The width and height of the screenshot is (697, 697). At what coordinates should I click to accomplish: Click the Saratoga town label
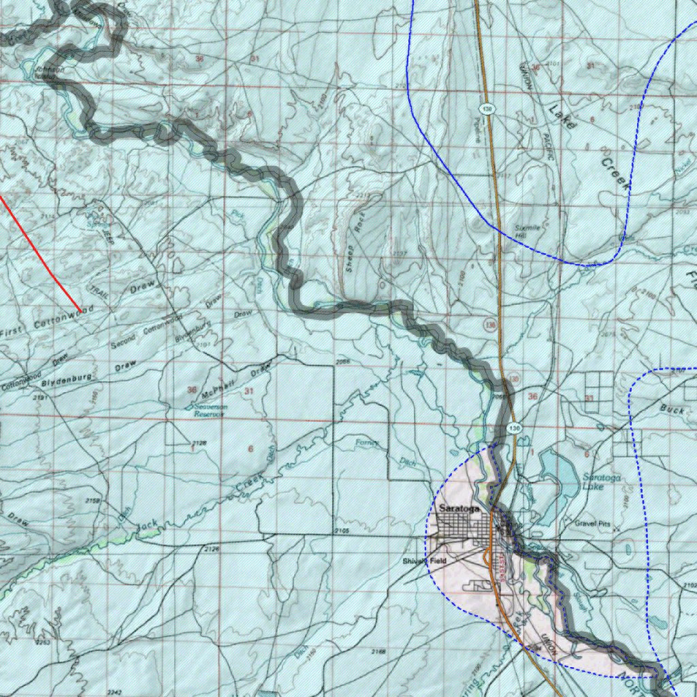459,509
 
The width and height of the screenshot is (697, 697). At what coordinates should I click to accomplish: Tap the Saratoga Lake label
601,482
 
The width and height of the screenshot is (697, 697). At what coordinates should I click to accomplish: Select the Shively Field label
423,560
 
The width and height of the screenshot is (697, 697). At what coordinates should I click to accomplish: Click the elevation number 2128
198,444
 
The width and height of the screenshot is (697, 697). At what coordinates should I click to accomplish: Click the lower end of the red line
81,312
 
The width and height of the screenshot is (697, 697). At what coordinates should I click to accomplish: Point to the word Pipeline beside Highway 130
477,129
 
